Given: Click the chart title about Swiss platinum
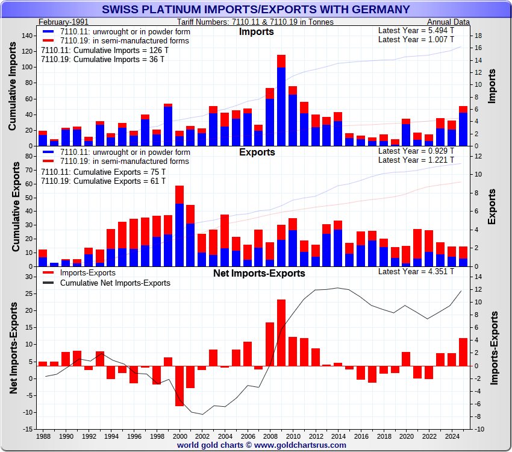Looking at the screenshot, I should (256, 9).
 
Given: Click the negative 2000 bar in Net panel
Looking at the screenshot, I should (180, 386).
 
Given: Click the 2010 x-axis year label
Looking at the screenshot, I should (293, 436).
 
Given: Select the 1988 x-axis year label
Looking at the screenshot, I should (43, 436).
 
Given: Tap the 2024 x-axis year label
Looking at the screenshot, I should (451, 436).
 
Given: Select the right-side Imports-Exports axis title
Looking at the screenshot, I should (494, 348).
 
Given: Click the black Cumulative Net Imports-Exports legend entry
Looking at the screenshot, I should (115, 283).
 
